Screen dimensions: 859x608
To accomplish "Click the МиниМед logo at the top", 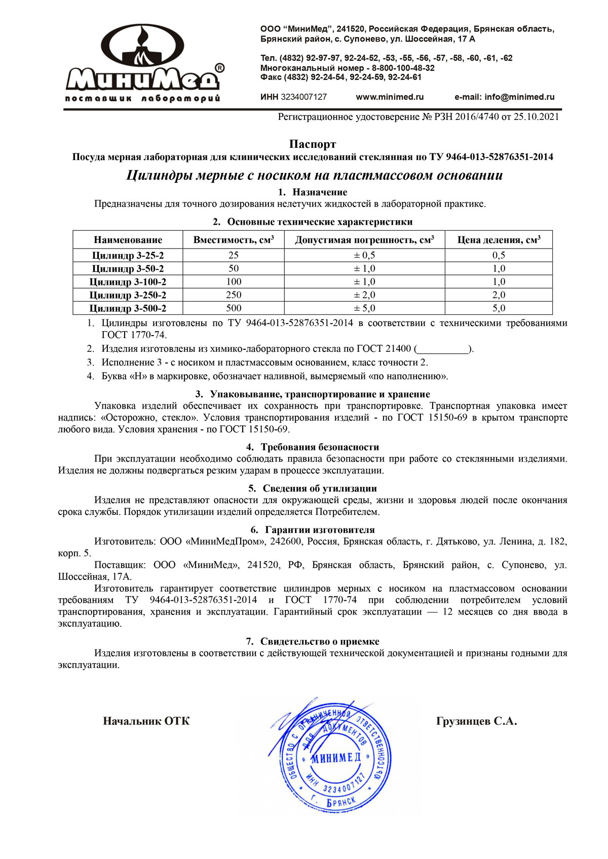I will point(143,63).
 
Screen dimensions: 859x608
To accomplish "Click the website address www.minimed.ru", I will point(390,97).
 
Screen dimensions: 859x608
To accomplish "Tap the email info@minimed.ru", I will point(519,97).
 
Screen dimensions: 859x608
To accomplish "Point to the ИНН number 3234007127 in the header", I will point(303,97).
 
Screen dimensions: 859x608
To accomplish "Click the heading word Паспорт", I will point(312,145).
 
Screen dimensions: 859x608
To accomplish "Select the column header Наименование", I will point(128,240).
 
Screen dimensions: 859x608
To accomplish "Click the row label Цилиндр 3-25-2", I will point(128,256).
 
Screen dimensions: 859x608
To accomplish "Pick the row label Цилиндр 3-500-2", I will point(128,308).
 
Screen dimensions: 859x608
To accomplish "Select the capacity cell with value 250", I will point(234,295).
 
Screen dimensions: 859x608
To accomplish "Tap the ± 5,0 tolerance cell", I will point(364,308).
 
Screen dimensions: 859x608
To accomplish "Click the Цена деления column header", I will point(499,240).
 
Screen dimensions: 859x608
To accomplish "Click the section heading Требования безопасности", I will point(319,447).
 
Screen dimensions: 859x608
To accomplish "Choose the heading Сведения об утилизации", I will point(319,488).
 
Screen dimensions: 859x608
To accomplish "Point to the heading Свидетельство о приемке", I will point(319,641).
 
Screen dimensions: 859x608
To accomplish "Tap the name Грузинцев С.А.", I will point(476,721).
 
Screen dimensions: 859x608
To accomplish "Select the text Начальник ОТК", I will point(146,721).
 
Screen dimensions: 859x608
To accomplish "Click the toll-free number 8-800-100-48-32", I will point(403,68).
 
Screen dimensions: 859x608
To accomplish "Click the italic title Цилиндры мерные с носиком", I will point(314,176).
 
